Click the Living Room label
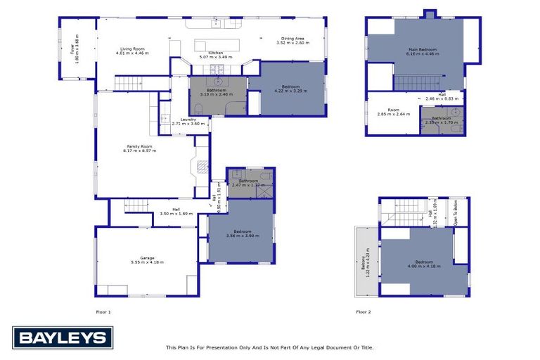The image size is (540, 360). (134, 49)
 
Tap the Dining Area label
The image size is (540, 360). (292, 39)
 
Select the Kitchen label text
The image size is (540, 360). (210, 53)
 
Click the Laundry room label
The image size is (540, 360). (188, 120)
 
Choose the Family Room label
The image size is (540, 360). (139, 148)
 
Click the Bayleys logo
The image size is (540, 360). (62, 337)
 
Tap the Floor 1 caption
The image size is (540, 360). (103, 311)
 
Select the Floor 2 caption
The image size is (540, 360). (363, 311)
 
